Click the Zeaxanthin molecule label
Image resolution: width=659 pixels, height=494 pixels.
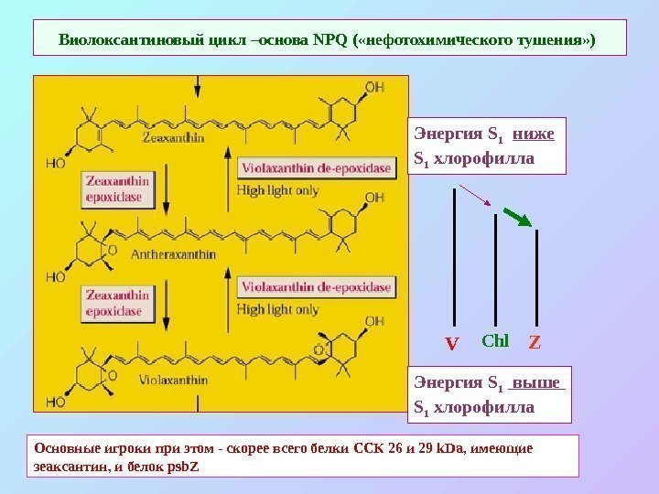point(172,138)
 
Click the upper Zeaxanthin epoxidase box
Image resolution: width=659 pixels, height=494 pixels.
point(117,188)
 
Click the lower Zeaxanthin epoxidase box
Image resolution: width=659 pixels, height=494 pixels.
point(117,303)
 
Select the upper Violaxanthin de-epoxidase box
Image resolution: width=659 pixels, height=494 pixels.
point(317,168)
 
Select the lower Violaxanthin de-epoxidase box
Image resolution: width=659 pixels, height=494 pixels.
point(317,287)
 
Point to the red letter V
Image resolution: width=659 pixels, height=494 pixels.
point(451,346)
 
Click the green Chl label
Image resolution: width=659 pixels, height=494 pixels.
point(494,341)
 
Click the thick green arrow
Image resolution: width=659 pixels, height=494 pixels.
point(517,217)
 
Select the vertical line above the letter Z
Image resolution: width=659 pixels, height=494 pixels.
point(536,279)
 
